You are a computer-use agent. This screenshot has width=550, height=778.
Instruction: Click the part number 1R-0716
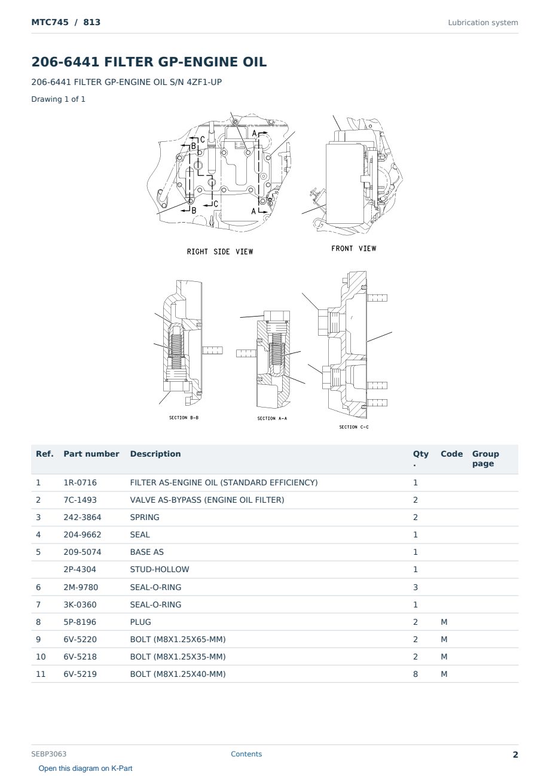click(x=80, y=482)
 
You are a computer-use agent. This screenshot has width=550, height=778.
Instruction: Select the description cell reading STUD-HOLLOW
click(x=159, y=569)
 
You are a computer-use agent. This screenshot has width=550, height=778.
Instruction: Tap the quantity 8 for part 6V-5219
click(x=415, y=674)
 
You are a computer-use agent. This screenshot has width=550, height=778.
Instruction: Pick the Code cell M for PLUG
click(x=444, y=622)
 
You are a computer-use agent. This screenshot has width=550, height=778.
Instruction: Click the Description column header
click(x=155, y=454)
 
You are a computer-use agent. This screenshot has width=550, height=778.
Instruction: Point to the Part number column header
click(x=91, y=454)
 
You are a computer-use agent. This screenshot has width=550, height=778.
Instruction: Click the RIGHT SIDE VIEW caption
click(x=220, y=251)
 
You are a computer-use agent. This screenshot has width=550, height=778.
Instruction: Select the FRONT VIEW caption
click(x=353, y=248)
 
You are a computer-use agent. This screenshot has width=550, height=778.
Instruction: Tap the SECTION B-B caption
click(x=184, y=418)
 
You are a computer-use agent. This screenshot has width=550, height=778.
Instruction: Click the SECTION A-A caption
click(x=272, y=418)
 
